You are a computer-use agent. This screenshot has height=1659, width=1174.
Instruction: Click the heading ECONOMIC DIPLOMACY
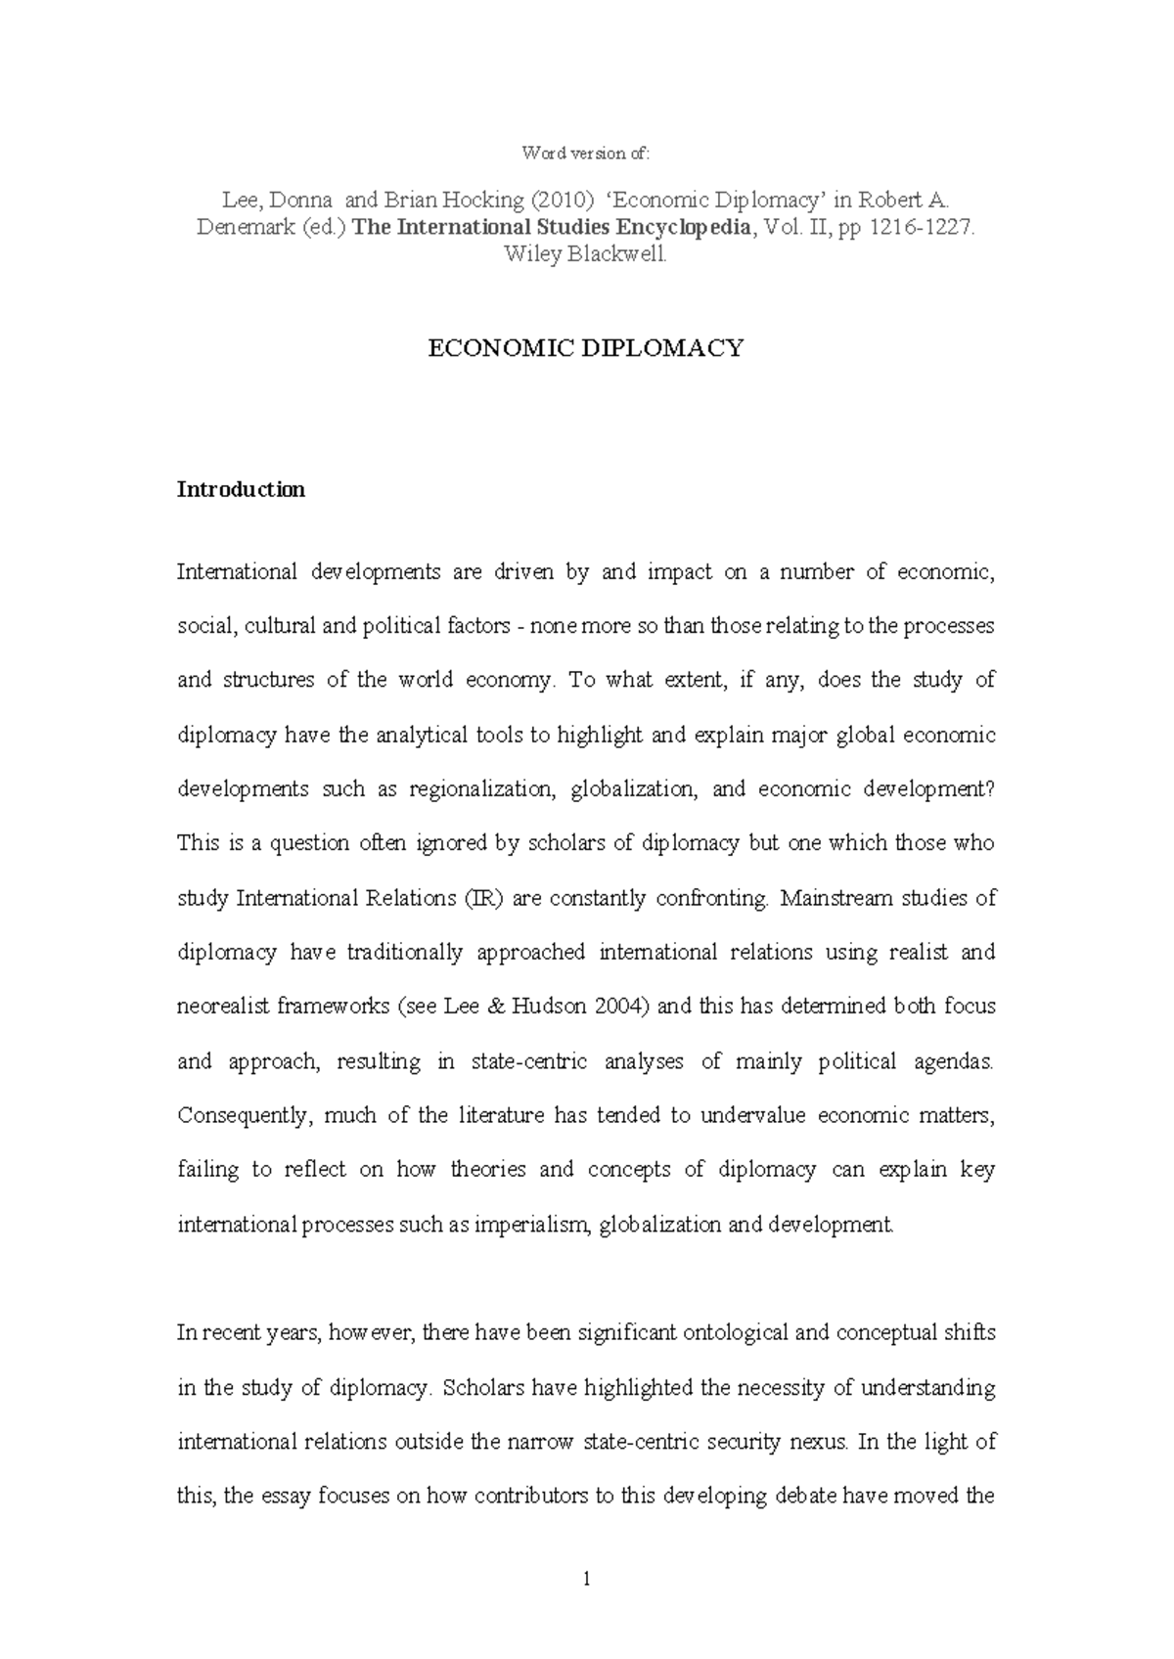[x=586, y=348]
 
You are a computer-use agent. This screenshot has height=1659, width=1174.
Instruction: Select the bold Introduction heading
[x=241, y=489]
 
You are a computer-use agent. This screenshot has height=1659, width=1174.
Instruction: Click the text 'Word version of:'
[x=585, y=153]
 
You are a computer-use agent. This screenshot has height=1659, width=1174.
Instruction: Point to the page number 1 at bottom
[x=586, y=1578]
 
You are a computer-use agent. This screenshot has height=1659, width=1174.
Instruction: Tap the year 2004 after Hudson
[x=621, y=1007]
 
